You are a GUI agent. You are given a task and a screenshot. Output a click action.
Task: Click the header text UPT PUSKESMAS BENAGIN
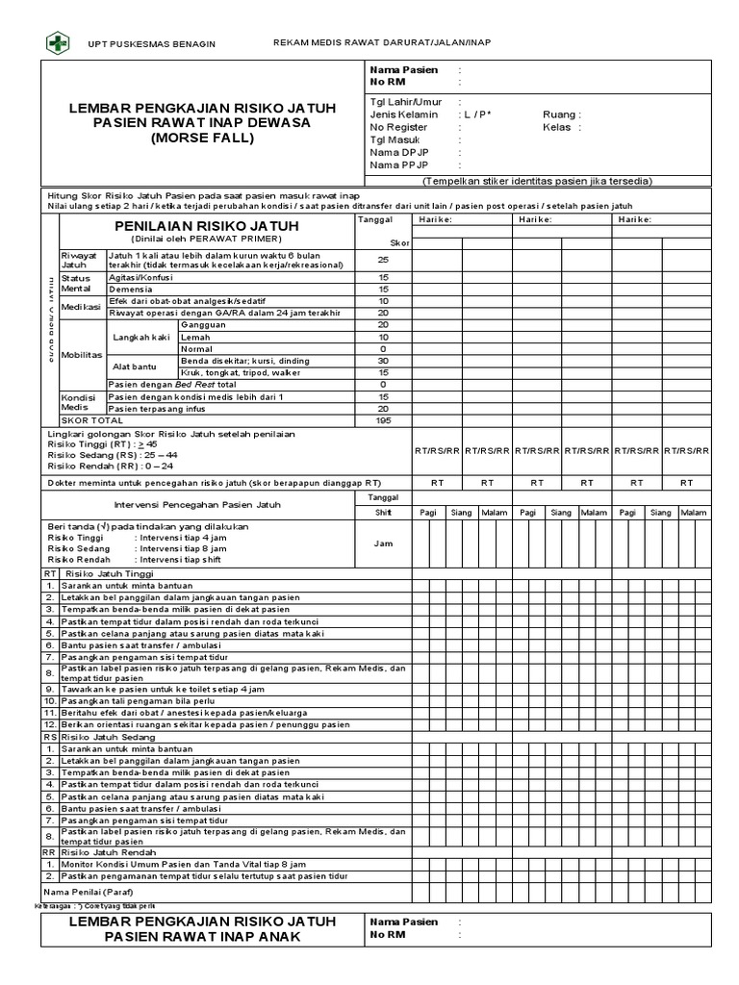click(x=152, y=45)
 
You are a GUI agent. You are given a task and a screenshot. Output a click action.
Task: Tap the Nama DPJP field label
click(x=396, y=152)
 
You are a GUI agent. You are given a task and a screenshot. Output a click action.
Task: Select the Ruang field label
click(x=561, y=114)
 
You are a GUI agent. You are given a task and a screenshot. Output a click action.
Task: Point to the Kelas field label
click(x=560, y=126)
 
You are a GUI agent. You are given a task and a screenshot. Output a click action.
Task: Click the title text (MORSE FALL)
click(x=202, y=139)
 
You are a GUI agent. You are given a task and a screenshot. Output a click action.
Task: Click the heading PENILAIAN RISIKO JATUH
click(x=201, y=225)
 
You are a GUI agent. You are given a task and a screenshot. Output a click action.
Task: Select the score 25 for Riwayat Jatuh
click(x=383, y=260)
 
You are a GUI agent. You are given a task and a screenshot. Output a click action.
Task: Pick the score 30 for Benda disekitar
click(x=383, y=360)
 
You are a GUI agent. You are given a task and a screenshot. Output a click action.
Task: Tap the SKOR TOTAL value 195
click(x=383, y=420)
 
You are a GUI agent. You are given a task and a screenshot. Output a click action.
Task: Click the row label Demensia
click(x=129, y=289)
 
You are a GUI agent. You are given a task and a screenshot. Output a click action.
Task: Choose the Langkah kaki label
click(x=141, y=337)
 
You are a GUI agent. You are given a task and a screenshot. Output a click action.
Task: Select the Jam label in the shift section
click(x=383, y=543)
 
